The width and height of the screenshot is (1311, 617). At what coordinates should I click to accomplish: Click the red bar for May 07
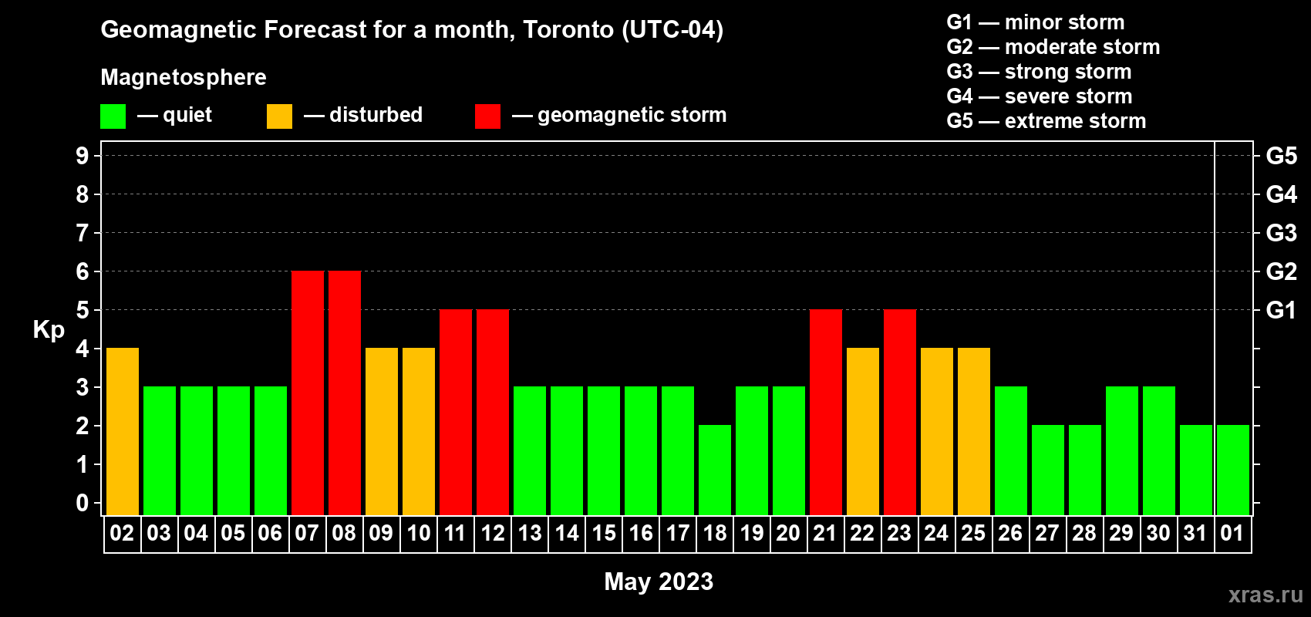coord(308,393)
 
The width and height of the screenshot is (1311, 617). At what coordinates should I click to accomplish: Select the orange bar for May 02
coord(123,431)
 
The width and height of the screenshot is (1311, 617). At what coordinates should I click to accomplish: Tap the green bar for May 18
coord(715,470)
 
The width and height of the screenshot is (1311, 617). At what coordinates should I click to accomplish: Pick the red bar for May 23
coord(900,412)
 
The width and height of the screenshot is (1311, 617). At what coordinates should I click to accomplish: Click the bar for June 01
coord(1233,470)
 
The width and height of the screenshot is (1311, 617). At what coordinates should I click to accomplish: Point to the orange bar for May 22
coord(863,431)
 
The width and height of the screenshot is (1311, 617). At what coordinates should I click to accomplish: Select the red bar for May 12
coord(493,412)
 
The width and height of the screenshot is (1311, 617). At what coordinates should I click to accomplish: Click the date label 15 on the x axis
coord(604,534)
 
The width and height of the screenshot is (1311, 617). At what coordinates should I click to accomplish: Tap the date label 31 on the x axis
coord(1195,534)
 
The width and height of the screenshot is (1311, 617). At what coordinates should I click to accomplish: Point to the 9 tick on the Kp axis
coord(83,156)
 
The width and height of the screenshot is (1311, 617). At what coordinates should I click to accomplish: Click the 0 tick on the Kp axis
coord(83,503)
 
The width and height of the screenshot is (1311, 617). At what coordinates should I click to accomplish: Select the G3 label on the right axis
coord(1281,233)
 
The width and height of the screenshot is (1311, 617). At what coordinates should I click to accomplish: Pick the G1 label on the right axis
coord(1281,310)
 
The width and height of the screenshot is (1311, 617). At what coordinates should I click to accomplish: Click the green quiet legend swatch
coord(113,116)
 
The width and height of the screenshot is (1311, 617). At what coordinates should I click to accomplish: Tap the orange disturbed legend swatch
coord(279,116)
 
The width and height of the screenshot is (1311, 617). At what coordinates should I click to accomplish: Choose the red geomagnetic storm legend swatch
coord(487,116)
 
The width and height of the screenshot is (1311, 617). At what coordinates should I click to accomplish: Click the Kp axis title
coord(49,330)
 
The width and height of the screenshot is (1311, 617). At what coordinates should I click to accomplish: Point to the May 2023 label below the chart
coord(659,582)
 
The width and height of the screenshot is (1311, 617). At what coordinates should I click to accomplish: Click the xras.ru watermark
coord(1266,595)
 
